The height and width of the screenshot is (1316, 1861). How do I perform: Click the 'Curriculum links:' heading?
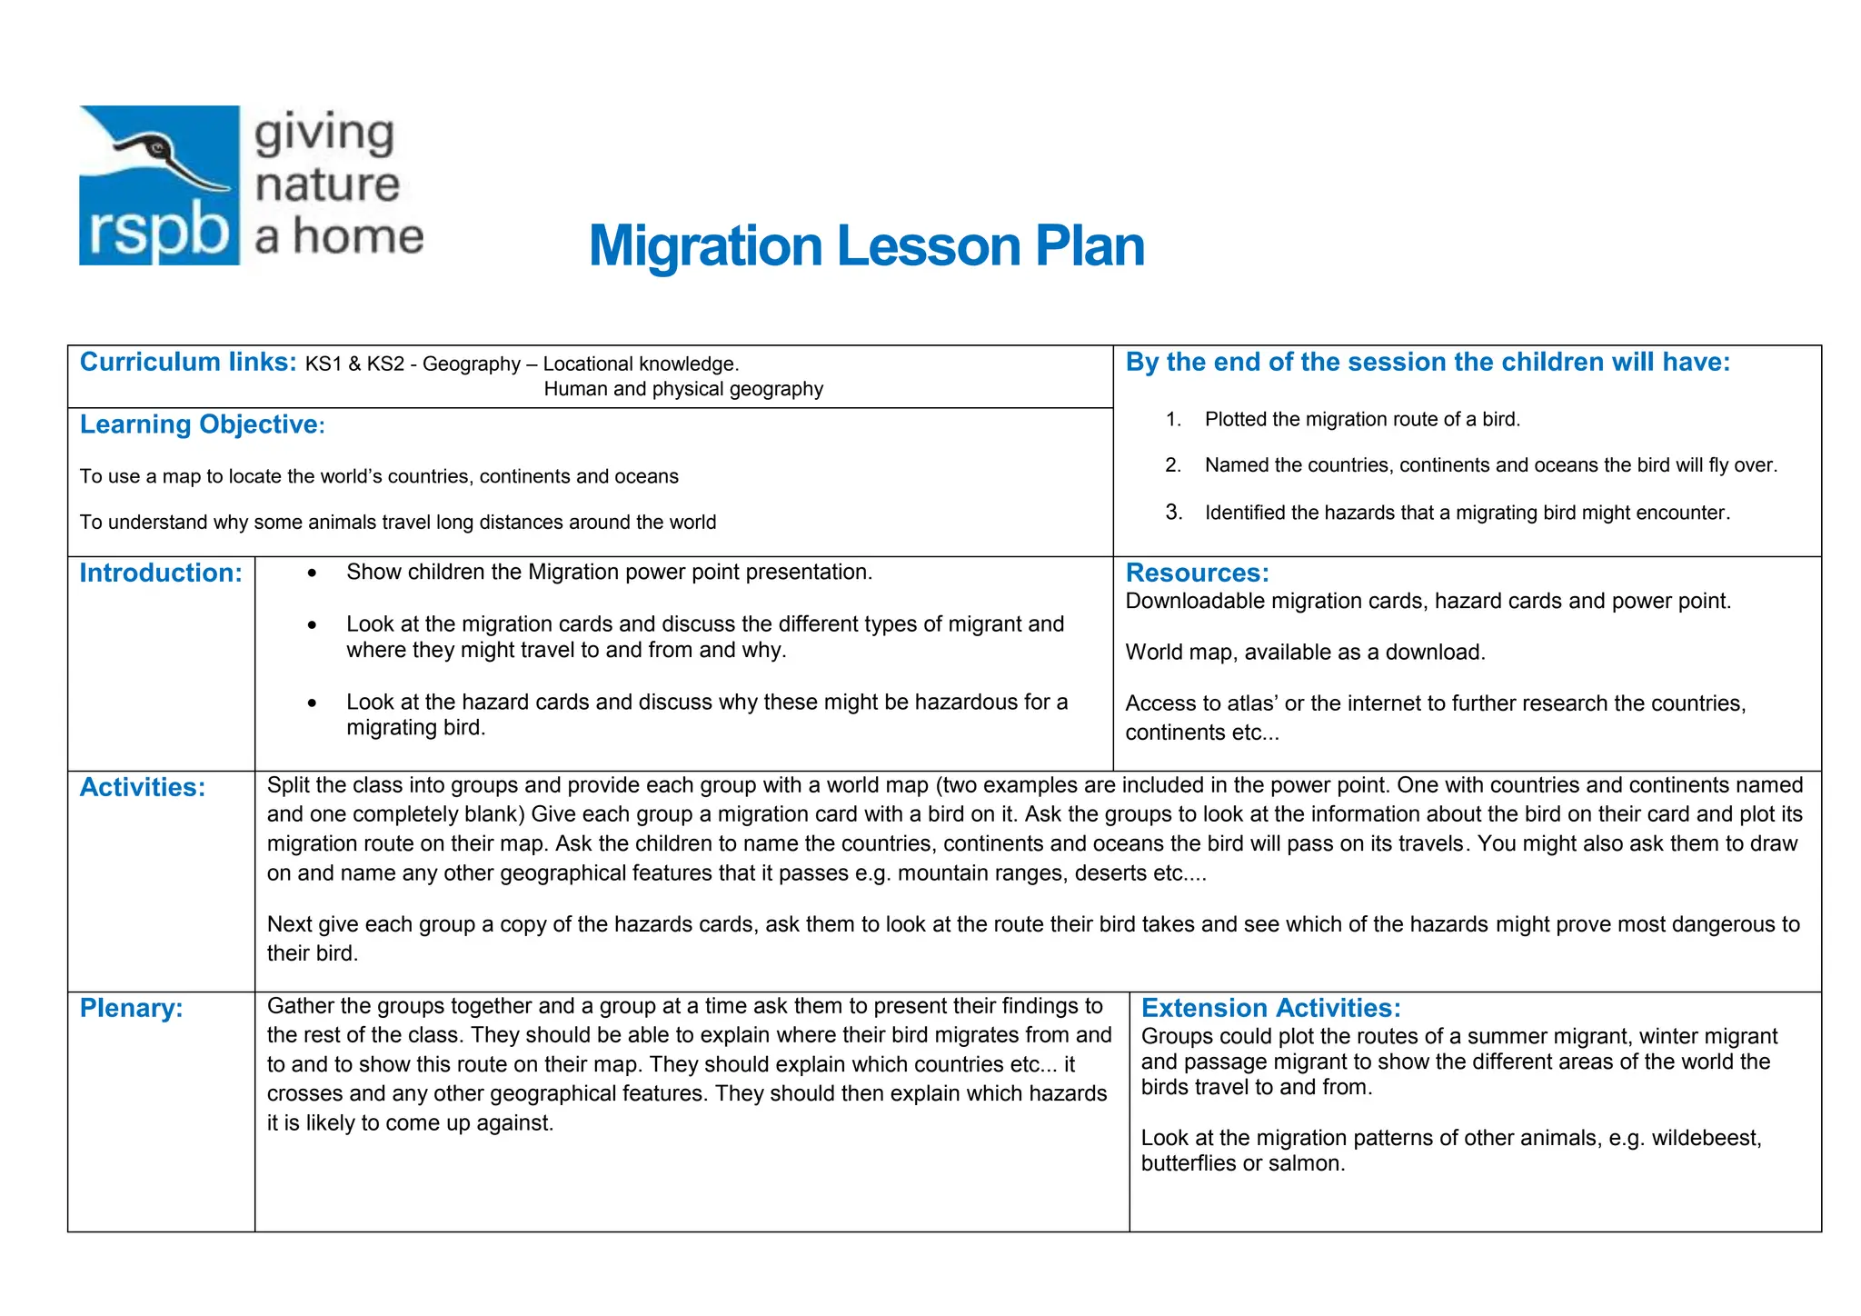coord(188,362)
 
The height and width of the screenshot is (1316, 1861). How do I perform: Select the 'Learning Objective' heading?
coord(198,424)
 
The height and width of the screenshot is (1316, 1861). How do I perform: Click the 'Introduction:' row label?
coord(161,573)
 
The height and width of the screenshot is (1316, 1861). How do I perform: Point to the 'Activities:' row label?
coord(143,787)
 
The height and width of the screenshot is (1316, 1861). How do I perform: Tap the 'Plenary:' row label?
coord(131,1008)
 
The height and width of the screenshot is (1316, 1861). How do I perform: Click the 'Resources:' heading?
coord(1197,573)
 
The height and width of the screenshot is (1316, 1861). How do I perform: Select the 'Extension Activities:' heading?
coord(1270,1008)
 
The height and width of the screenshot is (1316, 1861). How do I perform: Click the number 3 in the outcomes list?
coord(1174,513)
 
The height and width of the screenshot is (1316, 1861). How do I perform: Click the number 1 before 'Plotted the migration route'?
coord(1173,419)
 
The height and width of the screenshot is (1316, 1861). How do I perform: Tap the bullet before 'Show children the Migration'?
coord(312,573)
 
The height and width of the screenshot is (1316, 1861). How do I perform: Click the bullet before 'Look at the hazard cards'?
coord(312,703)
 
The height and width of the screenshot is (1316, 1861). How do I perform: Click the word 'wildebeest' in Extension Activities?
coord(1706,1138)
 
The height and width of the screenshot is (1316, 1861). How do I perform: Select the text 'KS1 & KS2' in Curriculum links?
coord(354,364)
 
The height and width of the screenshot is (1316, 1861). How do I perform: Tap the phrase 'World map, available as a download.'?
coord(1305,653)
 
